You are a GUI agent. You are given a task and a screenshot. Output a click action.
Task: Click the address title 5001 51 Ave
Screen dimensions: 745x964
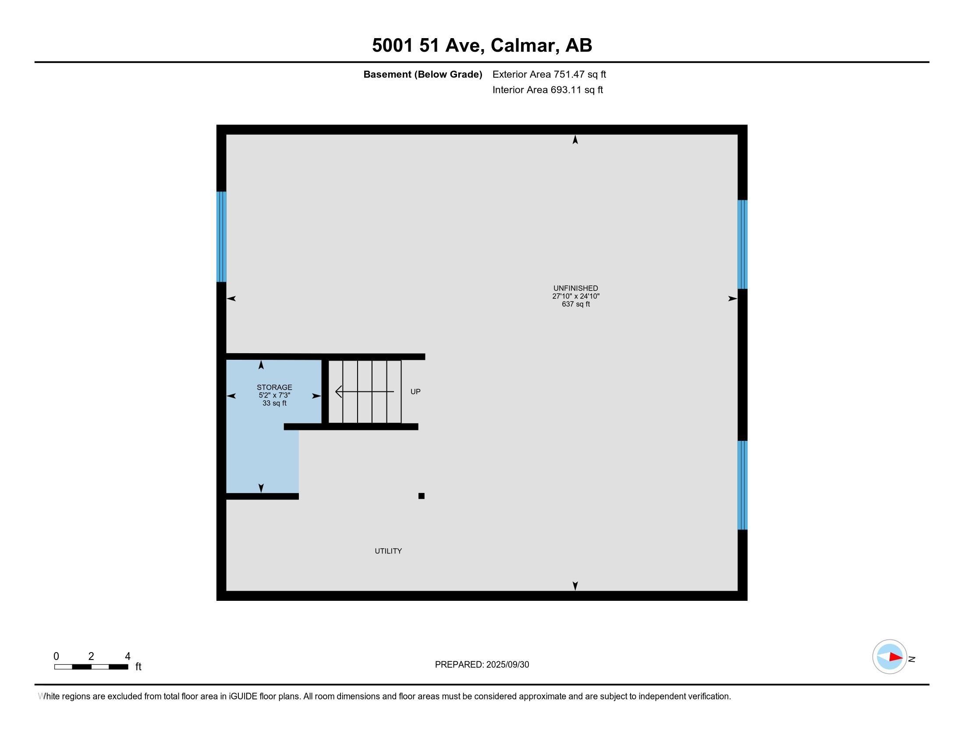pyautogui.click(x=482, y=45)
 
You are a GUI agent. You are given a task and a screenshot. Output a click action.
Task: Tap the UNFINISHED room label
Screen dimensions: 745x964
pyautogui.click(x=576, y=288)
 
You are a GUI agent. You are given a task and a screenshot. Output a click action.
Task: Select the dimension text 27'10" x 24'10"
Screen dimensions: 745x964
pyautogui.click(x=576, y=296)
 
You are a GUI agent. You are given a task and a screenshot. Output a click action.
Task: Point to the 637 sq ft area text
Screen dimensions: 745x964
pyautogui.click(x=576, y=304)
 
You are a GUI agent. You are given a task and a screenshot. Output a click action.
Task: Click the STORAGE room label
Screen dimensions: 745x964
pyautogui.click(x=274, y=387)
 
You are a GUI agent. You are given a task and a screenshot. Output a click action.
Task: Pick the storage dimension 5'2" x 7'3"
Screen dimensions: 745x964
pyautogui.click(x=274, y=395)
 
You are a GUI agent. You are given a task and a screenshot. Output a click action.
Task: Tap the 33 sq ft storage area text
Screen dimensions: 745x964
pyautogui.click(x=274, y=403)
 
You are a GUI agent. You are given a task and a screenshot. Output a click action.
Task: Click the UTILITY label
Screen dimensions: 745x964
pyautogui.click(x=388, y=551)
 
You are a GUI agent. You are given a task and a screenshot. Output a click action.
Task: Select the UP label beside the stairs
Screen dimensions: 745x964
pyautogui.click(x=415, y=391)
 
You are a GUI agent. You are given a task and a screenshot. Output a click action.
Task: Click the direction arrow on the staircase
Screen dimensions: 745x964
pyautogui.click(x=364, y=391)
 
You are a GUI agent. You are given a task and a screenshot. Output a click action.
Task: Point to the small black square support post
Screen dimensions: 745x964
pyautogui.click(x=421, y=496)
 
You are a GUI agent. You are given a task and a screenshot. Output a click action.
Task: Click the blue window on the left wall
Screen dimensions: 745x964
pyautogui.click(x=221, y=237)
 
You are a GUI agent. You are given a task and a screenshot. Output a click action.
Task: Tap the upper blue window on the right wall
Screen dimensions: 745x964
pyautogui.click(x=742, y=244)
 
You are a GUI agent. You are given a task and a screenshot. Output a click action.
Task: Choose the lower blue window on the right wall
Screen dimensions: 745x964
pyautogui.click(x=742, y=485)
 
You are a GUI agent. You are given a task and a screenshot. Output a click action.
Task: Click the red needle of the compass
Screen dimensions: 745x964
pyautogui.click(x=896, y=657)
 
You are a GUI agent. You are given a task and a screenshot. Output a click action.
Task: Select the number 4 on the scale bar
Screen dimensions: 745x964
pyautogui.click(x=128, y=656)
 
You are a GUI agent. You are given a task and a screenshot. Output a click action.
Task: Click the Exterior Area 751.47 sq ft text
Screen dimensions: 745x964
pyautogui.click(x=549, y=74)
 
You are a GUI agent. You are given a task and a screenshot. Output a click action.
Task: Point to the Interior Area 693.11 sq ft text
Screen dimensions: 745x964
pyautogui.click(x=547, y=90)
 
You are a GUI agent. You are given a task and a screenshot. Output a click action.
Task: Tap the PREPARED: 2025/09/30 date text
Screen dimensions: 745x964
pyautogui.click(x=482, y=665)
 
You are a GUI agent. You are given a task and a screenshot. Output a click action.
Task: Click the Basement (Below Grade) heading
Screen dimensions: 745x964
pyautogui.click(x=422, y=74)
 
